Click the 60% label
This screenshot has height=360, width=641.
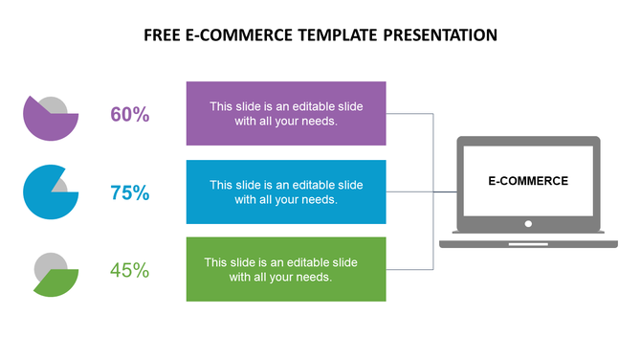130,115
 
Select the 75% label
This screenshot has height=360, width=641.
130,192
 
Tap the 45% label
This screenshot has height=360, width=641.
130,270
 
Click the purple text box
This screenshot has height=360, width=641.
286,113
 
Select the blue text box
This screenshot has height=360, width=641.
286,191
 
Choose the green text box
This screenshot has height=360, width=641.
286,269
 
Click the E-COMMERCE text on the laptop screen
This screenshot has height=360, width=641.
528,180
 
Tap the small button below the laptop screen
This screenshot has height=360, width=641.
528,224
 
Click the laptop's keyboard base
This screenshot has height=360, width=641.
528,243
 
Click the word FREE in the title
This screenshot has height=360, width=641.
163,35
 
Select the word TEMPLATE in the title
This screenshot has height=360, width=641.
336,35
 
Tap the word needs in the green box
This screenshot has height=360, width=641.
313,278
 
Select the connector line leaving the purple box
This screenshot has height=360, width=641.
409,114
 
